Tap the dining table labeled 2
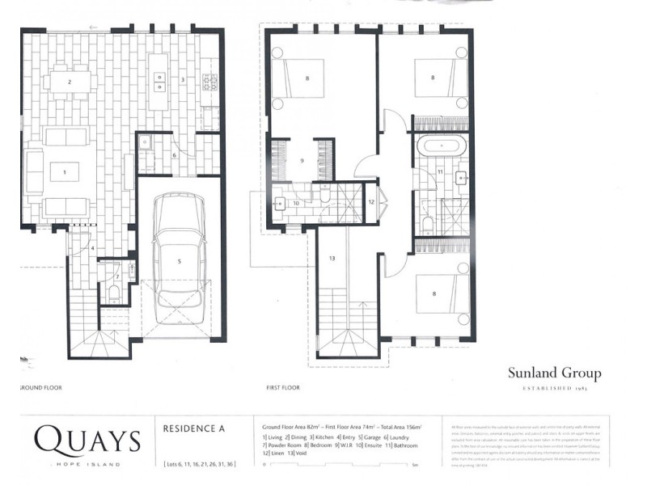(x=70, y=82)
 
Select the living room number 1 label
(x=66, y=171)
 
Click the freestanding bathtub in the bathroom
(x=441, y=150)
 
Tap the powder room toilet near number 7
(x=114, y=291)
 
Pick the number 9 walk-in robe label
(x=302, y=160)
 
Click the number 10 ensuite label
(x=296, y=203)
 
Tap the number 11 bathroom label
(x=440, y=172)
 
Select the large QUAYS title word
(x=87, y=441)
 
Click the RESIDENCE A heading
(x=193, y=429)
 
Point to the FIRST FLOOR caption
(x=282, y=388)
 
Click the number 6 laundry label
(x=174, y=155)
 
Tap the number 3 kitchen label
(x=183, y=80)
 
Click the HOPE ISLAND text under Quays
(x=87, y=464)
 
